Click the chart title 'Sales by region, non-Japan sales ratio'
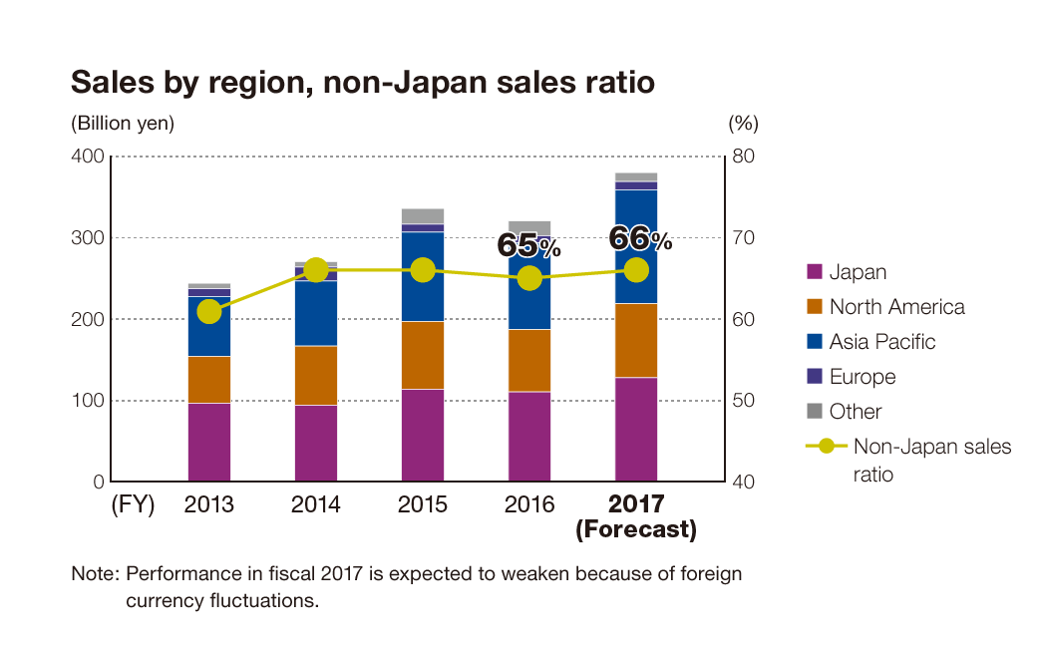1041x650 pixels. pyautogui.click(x=362, y=82)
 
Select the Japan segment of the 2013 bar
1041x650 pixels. pyautogui.click(x=209, y=442)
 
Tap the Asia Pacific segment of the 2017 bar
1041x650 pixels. pyautogui.click(x=636, y=246)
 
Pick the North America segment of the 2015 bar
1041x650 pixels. pyautogui.click(x=423, y=355)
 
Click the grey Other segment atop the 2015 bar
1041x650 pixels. pyautogui.click(x=423, y=215)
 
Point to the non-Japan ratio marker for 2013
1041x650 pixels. pyautogui.click(x=209, y=311)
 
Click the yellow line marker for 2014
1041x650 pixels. pyautogui.click(x=316, y=270)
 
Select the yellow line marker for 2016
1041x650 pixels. pyautogui.click(x=529, y=278)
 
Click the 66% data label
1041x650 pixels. pyautogui.click(x=639, y=239)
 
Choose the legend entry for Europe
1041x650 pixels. pyautogui.click(x=862, y=377)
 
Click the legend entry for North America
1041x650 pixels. pyautogui.click(x=895, y=307)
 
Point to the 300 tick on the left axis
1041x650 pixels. pyautogui.click(x=89, y=238)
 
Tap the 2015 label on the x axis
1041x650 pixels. pyautogui.click(x=423, y=504)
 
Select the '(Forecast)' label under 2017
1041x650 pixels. pyautogui.click(x=635, y=529)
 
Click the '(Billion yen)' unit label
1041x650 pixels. pyautogui.click(x=123, y=124)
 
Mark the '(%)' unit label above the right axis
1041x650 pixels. pyautogui.click(x=743, y=124)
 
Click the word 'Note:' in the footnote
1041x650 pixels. pyautogui.click(x=95, y=575)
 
